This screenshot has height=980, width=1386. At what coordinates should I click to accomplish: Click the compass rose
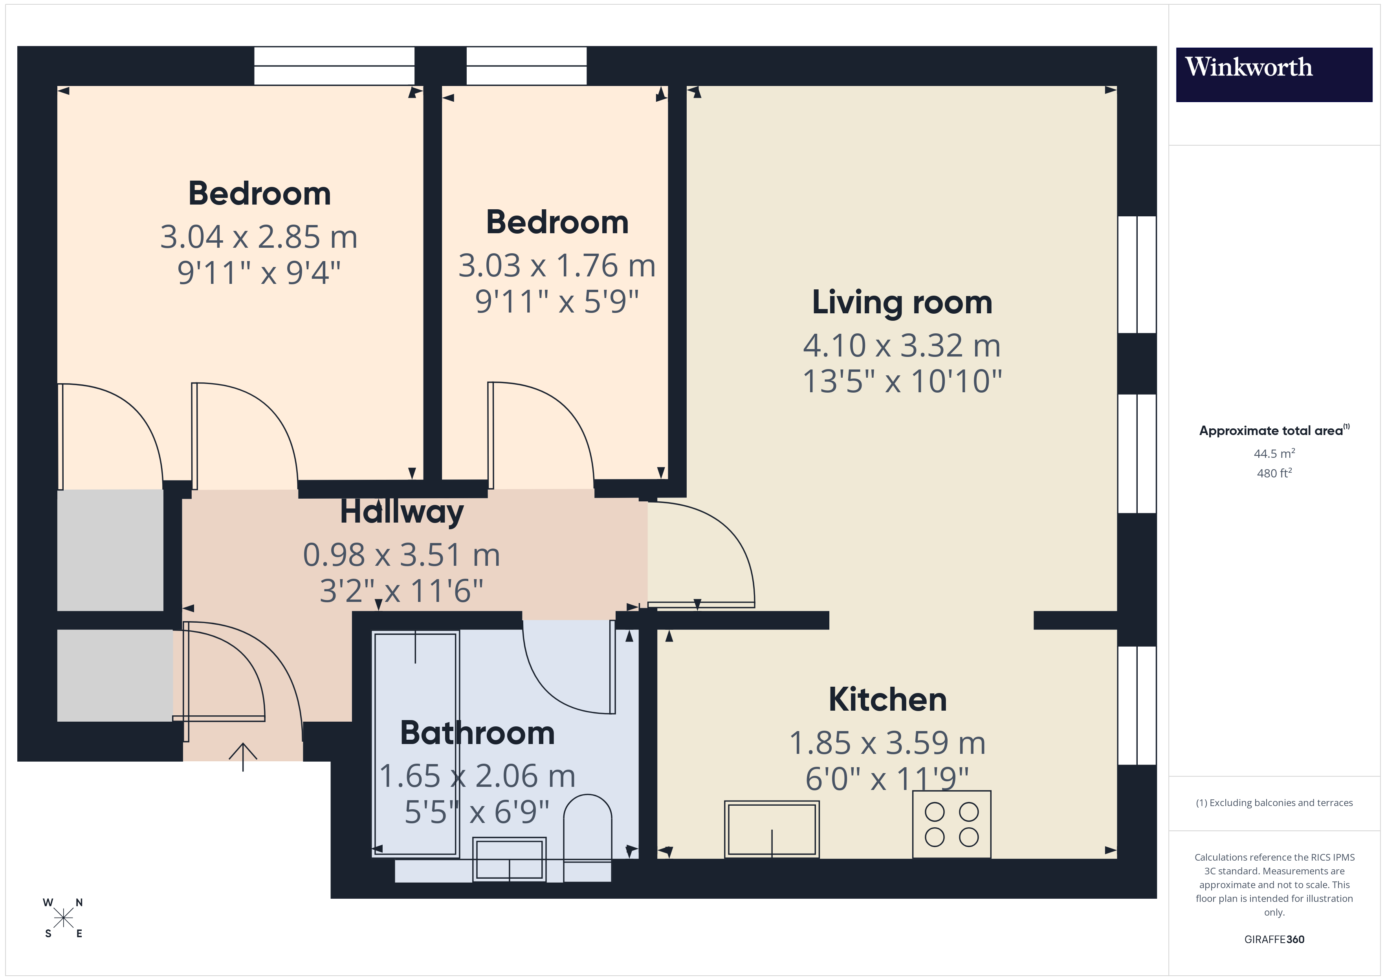tap(63, 918)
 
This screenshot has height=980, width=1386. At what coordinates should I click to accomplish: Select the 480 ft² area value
tap(1274, 473)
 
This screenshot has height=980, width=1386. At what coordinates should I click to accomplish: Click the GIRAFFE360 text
tap(1274, 939)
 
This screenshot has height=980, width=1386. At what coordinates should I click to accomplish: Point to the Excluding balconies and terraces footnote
tap(1274, 803)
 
